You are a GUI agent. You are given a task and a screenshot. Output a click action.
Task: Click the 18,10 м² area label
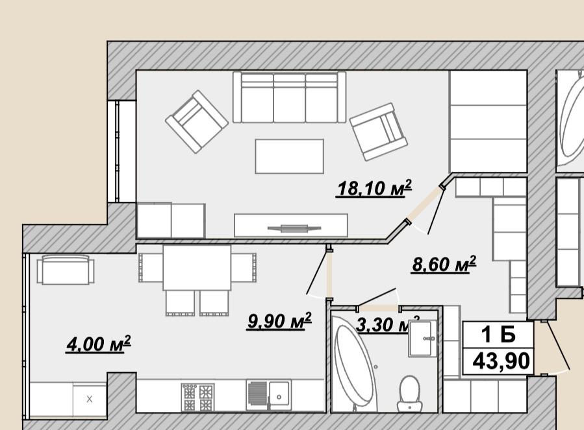coord(374,188)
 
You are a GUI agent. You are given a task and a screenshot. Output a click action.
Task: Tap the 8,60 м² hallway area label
coord(444,264)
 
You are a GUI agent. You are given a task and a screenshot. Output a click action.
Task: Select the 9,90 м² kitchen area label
coord(279,320)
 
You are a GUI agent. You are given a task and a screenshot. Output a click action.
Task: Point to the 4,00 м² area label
coord(98,343)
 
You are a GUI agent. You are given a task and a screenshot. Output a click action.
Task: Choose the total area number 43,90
coord(501,361)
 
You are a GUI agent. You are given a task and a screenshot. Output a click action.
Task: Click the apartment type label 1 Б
coord(498,334)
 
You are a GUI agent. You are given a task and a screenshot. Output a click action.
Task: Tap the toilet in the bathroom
coord(409,393)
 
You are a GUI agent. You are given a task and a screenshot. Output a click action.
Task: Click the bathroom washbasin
coord(423,338)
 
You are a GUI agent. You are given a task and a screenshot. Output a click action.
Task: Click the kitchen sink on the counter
coord(268,395)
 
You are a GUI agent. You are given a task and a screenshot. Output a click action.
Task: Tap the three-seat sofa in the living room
coord(289,97)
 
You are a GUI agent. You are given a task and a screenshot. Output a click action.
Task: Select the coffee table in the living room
coord(289,156)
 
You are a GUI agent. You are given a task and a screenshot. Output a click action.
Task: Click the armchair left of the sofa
coord(197,122)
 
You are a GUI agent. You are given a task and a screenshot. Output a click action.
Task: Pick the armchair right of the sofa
coord(379,132)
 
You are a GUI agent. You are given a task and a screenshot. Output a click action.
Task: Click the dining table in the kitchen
coord(197,267)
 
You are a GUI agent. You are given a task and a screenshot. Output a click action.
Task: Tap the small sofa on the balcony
coord(66,270)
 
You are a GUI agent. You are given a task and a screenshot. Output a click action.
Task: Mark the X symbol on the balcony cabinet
coord(90,399)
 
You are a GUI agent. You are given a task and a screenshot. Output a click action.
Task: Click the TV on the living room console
coord(294,228)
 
